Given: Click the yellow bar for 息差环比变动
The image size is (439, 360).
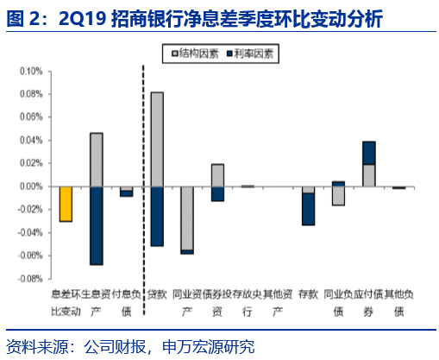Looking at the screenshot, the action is tap(66, 204).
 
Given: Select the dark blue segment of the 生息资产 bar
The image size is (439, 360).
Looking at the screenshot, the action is tap(97, 225).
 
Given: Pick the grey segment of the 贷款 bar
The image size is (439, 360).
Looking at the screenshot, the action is tap(157, 139).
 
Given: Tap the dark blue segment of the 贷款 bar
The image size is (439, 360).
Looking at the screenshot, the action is tap(157, 217).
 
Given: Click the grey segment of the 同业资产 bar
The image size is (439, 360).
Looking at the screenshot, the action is tap(187, 218).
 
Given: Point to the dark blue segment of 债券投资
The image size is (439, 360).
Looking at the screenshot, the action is tap(217, 194).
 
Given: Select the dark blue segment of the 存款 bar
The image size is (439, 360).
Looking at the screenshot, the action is tap(309, 209).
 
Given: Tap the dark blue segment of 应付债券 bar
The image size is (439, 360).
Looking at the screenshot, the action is tap(369, 153).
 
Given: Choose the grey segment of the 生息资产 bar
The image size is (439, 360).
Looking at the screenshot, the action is tap(97, 160).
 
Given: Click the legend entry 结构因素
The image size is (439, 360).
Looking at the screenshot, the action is tap(195, 54).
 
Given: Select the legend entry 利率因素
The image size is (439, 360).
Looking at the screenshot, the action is tap(250, 54).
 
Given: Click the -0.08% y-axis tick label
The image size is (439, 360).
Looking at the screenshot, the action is tap(30, 279).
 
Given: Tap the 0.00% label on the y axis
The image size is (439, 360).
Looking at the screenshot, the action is tap(31, 186).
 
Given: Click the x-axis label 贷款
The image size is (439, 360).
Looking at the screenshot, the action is tap(157, 294).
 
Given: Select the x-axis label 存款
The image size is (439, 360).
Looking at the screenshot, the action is tap(308, 294).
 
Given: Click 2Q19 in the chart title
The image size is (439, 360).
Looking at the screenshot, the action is tap(83, 19).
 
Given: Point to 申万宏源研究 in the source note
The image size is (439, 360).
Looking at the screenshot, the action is tap(209, 347).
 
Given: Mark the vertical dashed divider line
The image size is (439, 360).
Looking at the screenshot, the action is tap(143, 190).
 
